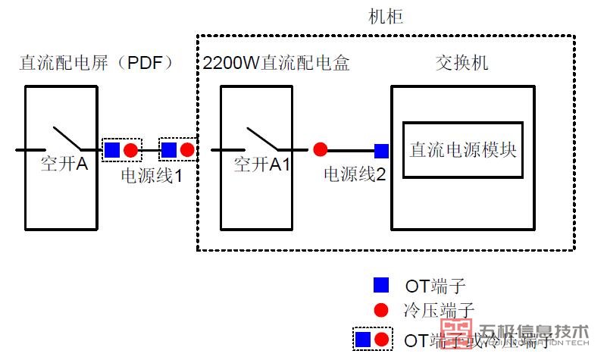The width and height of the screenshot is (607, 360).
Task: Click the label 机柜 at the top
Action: (385, 17)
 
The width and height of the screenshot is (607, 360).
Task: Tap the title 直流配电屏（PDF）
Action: (96, 63)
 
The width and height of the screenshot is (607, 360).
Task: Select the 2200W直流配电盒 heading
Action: (277, 63)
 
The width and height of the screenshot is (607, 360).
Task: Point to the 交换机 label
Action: (462, 63)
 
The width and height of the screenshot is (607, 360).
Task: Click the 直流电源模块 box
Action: (462, 149)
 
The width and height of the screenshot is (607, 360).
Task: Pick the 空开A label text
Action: (65, 164)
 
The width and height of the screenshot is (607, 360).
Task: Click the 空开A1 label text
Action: (262, 164)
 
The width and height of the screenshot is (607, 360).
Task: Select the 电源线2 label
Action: (355, 175)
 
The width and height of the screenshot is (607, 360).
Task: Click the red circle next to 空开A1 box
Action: (321, 150)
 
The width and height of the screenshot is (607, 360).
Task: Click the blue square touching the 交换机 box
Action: (381, 150)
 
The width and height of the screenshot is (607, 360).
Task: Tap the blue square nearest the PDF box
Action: (112, 150)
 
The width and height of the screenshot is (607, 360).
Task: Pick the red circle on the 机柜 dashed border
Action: (187, 150)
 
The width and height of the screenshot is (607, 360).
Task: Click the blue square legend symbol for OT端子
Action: (381, 286)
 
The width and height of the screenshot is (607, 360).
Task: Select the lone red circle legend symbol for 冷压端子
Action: (381, 310)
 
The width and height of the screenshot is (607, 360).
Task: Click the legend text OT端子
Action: (435, 286)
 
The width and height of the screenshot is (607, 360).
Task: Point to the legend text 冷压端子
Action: (440, 310)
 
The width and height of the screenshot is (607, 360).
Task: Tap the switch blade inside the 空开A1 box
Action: (261, 137)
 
